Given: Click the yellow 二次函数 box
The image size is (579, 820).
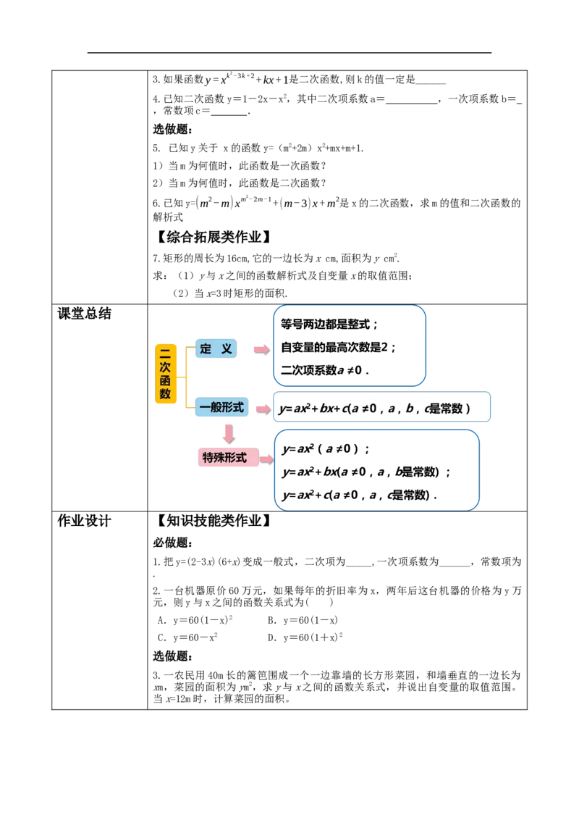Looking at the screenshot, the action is (x=166, y=373).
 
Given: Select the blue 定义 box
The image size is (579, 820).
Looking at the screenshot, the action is (x=216, y=349).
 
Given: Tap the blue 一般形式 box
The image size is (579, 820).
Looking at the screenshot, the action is (x=221, y=407).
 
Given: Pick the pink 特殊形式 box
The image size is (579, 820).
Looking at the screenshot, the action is (x=229, y=458).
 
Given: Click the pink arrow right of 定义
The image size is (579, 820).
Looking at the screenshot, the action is (x=262, y=350).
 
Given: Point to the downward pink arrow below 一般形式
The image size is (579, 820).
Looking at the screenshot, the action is (x=229, y=434).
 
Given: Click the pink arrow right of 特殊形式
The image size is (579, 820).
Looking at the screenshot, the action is (x=266, y=460).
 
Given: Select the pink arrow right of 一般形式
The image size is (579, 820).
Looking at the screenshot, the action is (x=263, y=409).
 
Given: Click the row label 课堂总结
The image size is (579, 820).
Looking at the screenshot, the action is (x=84, y=314).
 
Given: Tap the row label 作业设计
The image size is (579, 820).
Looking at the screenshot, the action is (x=84, y=521).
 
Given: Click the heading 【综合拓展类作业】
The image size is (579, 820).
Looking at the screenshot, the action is (x=214, y=237).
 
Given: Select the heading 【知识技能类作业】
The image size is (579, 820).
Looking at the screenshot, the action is (x=214, y=520).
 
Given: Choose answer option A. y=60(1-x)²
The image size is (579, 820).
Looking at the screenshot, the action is (x=195, y=620).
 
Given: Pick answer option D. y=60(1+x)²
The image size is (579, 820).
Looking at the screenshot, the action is (x=305, y=637).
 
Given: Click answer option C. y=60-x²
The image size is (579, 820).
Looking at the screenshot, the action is (x=187, y=637).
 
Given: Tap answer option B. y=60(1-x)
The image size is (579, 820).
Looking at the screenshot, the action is (x=303, y=620).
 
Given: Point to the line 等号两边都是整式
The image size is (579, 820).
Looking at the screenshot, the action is (x=329, y=325).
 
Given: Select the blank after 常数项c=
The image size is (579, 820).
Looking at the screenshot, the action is (x=229, y=112).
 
